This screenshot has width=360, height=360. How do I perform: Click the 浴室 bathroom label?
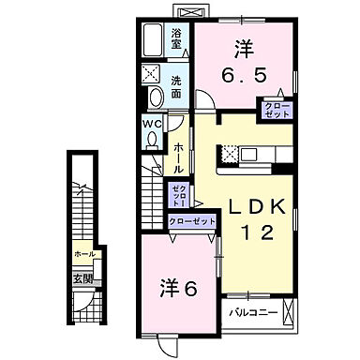tap(176, 40)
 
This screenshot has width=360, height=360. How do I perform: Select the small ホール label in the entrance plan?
tap(83, 253)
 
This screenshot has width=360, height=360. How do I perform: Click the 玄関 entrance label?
tap(84, 278)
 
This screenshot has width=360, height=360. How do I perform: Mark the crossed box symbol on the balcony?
tap(291, 309)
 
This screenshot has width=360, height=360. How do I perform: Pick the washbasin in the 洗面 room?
tap(152, 97)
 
